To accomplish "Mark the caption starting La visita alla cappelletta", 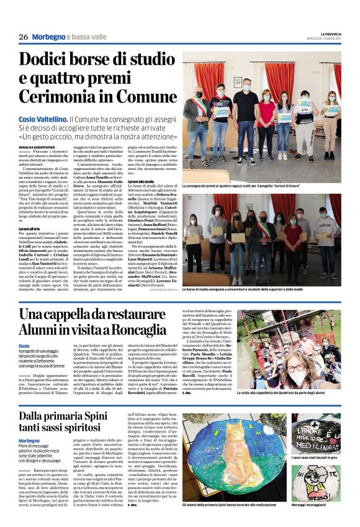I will point(289,393).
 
